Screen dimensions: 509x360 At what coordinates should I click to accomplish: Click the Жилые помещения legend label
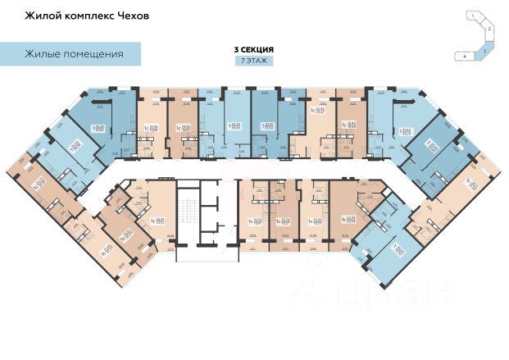(73, 55)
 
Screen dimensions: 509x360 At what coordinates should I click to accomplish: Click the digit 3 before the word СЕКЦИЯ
(237, 50)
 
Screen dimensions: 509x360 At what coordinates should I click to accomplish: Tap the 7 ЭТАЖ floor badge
(253, 62)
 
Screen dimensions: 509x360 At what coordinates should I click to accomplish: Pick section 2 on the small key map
(489, 30)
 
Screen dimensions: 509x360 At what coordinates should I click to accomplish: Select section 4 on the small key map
(465, 56)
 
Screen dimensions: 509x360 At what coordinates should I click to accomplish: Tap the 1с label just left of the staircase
(153, 219)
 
